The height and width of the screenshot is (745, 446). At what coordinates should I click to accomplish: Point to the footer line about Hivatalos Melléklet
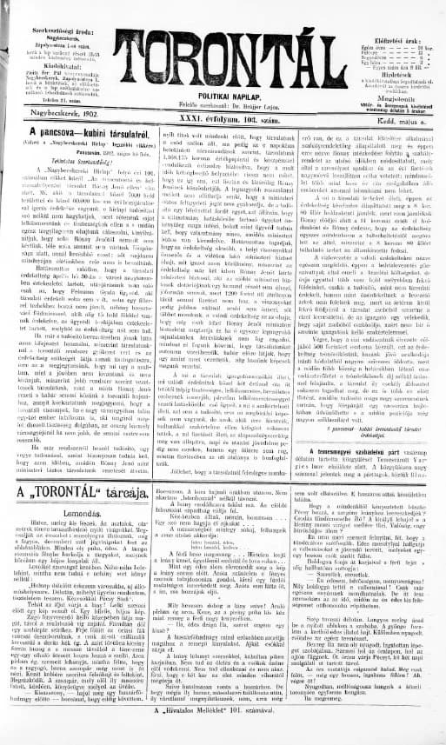226,734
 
